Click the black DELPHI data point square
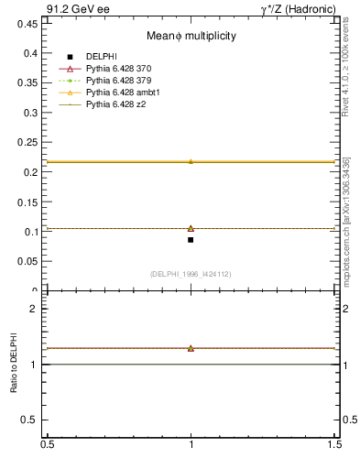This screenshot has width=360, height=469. pos(191,240)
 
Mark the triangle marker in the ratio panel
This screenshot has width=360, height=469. pos(191,348)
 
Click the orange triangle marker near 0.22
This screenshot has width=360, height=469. pos(191,161)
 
